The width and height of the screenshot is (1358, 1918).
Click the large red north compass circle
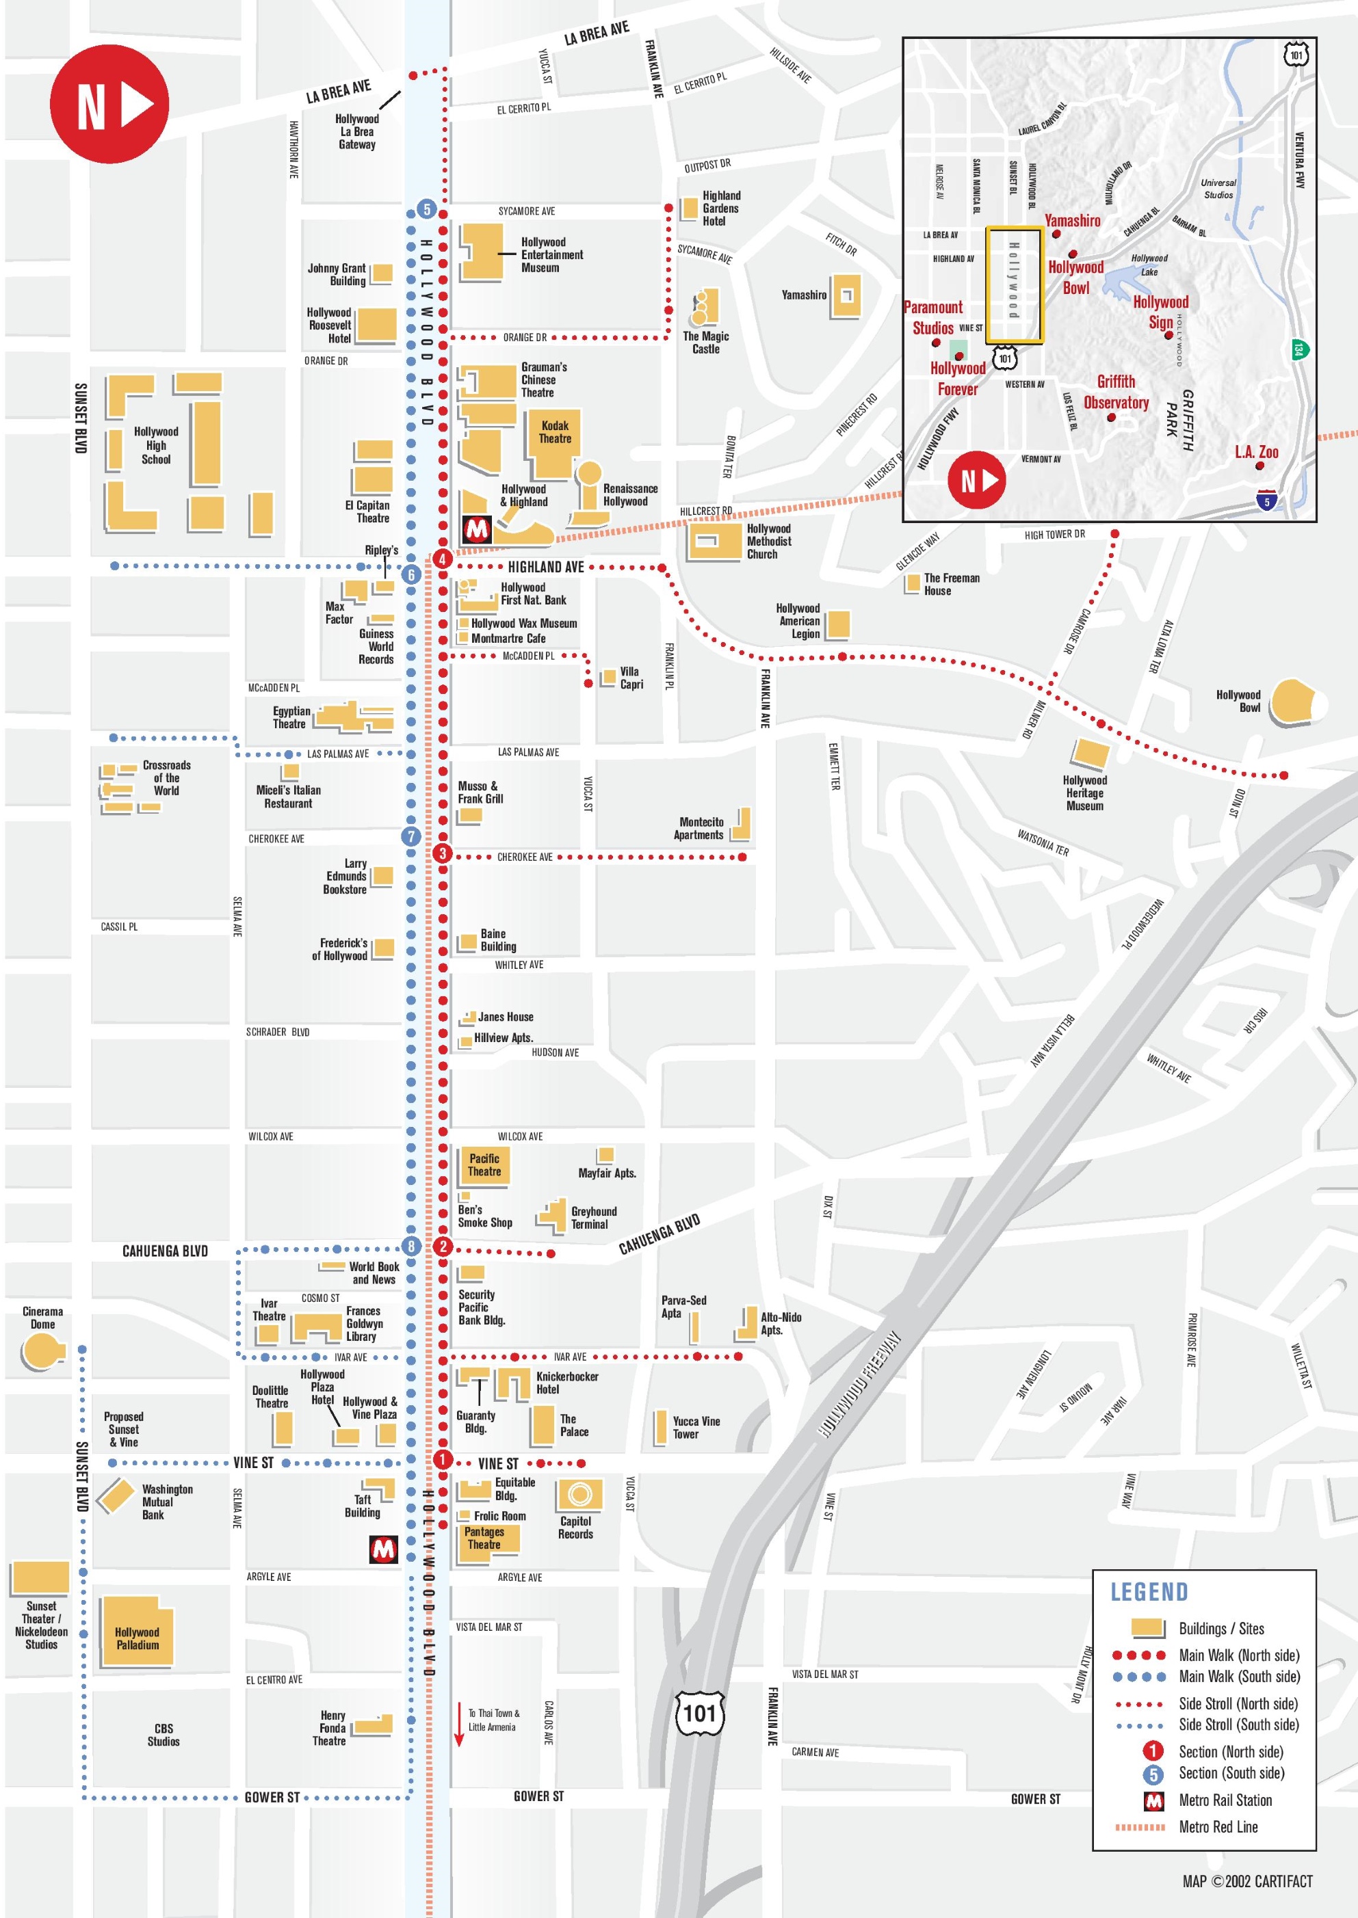[109, 104]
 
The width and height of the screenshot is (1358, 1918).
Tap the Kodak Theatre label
[554, 432]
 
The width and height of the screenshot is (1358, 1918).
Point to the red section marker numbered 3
[443, 853]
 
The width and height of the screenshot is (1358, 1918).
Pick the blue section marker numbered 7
[410, 836]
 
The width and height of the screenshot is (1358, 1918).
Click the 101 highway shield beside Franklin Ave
[699, 1714]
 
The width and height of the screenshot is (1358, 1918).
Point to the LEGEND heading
[1148, 1592]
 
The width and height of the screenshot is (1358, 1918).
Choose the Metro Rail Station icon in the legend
[1153, 1800]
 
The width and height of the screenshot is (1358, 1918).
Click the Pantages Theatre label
[484, 1538]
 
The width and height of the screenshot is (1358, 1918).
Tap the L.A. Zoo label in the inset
[1256, 452]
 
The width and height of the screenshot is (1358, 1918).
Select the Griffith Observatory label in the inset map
[1116, 392]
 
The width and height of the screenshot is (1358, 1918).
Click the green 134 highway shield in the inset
[1298, 349]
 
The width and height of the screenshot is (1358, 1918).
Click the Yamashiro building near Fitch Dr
[846, 295]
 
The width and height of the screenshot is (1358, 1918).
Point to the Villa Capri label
[631, 678]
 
